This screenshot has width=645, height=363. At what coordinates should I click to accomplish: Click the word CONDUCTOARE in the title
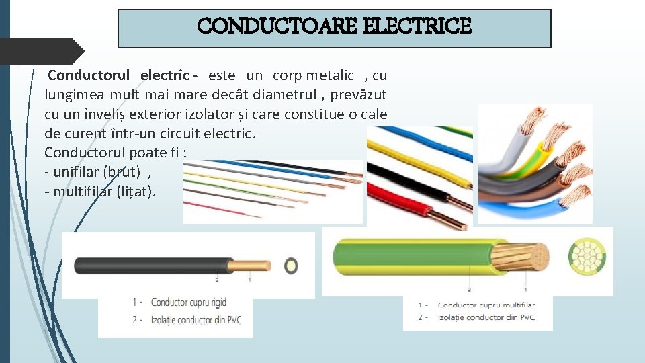277,27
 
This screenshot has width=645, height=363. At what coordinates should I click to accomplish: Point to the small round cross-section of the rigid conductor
291,265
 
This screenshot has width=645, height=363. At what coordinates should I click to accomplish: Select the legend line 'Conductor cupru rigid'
188,302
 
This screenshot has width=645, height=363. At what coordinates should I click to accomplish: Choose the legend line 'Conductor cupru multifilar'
485,305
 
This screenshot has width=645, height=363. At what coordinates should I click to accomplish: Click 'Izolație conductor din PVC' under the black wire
195,320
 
